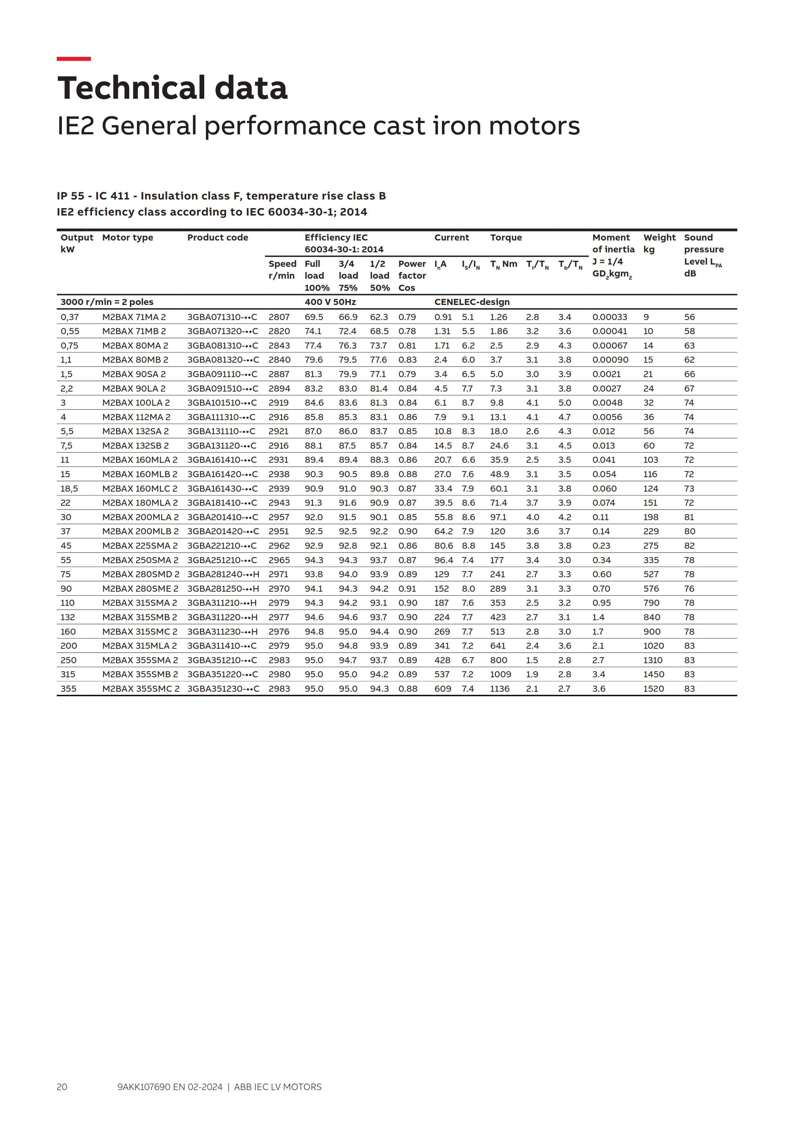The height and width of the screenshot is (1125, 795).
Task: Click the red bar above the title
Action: (73, 59)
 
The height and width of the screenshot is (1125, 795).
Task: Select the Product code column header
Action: (217, 238)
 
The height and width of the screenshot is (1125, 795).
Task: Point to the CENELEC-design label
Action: (472, 302)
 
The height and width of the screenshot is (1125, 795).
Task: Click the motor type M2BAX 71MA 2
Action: (134, 317)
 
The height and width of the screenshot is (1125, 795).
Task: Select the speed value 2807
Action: (279, 317)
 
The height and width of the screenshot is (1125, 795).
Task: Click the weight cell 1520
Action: (654, 689)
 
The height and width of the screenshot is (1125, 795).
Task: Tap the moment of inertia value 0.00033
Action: (609, 317)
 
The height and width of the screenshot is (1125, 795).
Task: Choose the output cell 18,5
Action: (69, 488)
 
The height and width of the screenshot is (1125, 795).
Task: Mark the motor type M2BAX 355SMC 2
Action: (140, 689)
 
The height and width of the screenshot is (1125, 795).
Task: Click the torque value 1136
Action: (500, 689)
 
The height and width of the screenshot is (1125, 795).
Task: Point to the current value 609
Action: (442, 689)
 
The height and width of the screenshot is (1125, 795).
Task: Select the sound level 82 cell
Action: (689, 546)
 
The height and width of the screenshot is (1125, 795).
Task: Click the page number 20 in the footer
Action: (62, 1087)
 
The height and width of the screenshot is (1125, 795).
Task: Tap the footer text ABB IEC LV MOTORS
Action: (278, 1087)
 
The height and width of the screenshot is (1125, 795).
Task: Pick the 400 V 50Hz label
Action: (330, 302)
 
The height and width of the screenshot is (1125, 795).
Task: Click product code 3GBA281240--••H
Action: (223, 574)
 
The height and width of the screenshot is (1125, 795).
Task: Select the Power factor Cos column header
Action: (411, 275)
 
